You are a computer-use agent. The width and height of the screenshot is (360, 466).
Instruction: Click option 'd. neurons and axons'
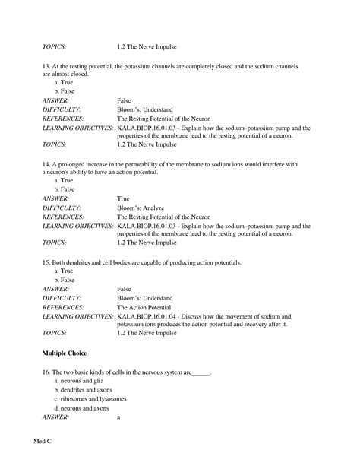tap(81, 408)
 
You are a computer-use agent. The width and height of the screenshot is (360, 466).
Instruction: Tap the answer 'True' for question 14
tap(124, 198)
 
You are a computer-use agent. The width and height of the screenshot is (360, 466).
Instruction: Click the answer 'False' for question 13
tap(125, 100)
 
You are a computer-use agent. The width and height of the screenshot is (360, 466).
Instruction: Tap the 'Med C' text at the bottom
tap(45, 440)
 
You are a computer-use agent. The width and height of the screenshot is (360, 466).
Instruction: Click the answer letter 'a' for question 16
tap(119, 417)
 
